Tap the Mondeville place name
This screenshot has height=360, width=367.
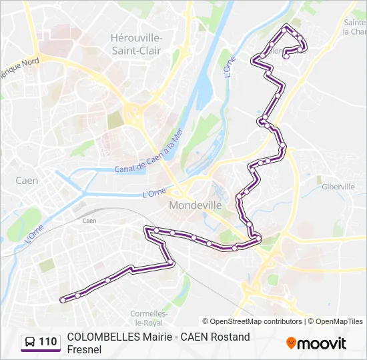pos(195,205)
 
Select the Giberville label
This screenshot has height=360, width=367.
pos(338,187)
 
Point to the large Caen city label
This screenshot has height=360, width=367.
pos(27,181)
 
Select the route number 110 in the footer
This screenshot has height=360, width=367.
pos(48,343)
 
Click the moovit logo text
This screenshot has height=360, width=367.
pos(322,343)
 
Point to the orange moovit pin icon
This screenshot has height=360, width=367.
pos(291,343)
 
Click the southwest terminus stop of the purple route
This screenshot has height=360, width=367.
pos(63,300)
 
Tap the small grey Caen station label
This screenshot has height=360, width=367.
pos(89,221)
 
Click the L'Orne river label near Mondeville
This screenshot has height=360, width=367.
pos(154,193)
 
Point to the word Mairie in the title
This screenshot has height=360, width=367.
pos(158,337)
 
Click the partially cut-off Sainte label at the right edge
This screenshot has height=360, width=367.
pos(354,22)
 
